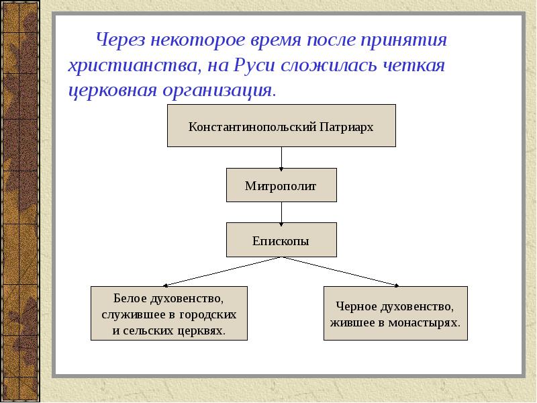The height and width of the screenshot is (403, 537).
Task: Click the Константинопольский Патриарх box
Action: tap(281, 126)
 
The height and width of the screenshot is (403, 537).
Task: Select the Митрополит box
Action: tap(281, 185)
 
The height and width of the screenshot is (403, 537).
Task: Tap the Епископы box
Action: tap(281, 240)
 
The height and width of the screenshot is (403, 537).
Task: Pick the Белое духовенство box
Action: tap(169, 313)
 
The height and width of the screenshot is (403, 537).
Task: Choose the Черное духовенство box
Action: tap(395, 313)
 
